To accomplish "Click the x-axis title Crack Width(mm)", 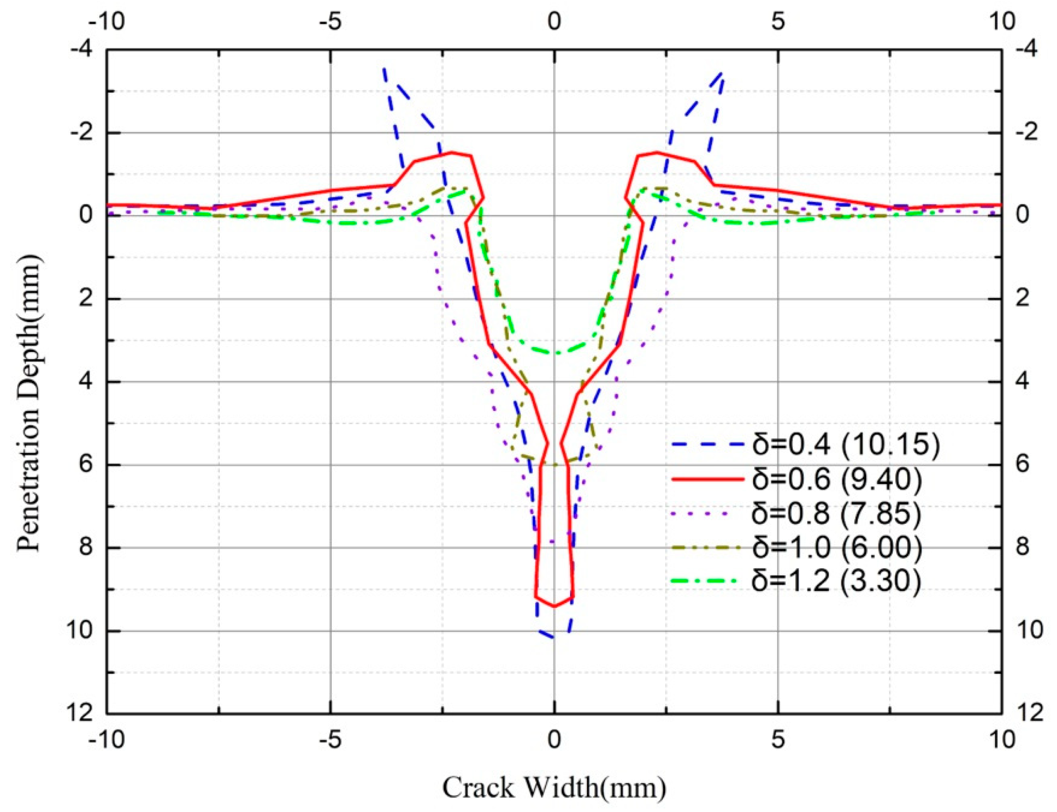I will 554,788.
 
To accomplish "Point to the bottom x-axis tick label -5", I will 331,740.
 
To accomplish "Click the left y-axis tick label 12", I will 80,713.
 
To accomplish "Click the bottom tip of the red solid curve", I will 554,606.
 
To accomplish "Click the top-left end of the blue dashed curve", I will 384,69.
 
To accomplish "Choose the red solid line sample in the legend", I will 705,479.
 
